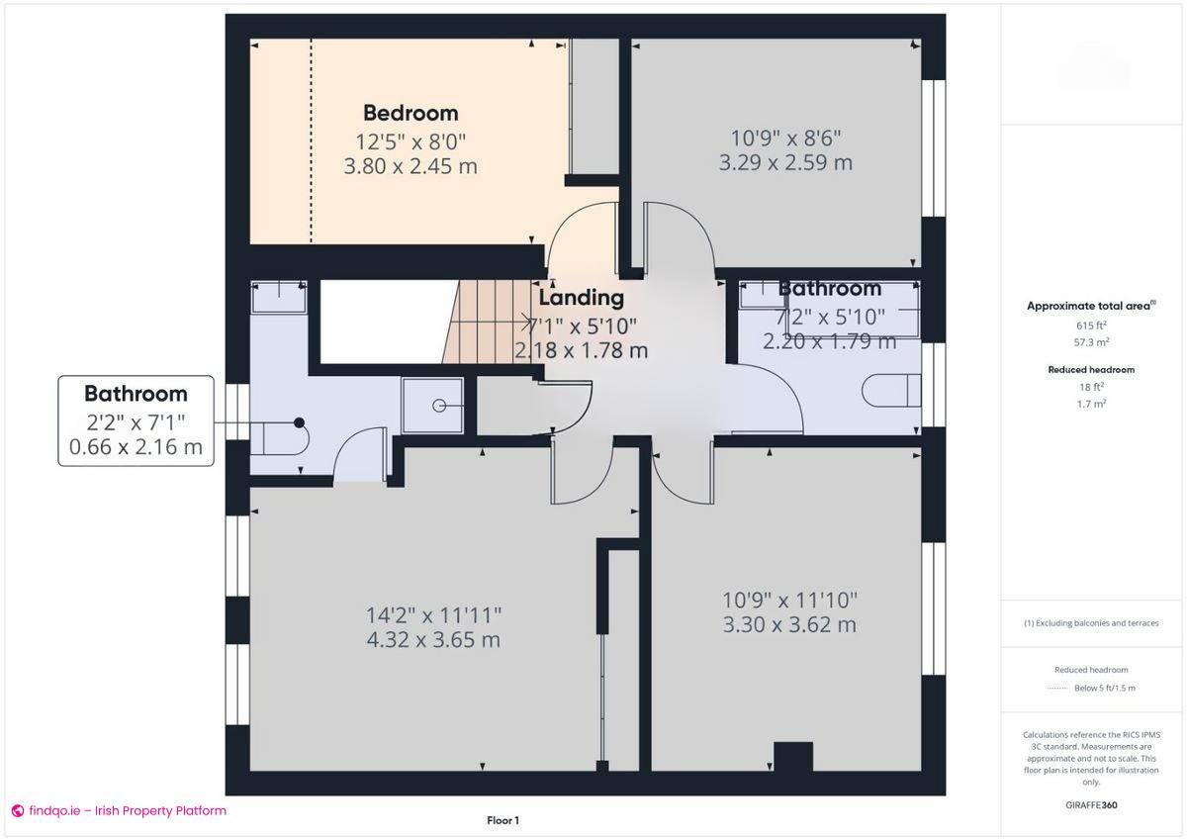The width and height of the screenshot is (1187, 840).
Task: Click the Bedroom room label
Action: click(411, 113)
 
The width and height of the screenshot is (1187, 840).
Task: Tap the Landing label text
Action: click(581, 297)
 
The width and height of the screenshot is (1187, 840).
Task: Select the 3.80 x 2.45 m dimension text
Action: click(411, 166)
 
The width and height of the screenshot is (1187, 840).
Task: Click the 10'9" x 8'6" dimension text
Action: click(785, 138)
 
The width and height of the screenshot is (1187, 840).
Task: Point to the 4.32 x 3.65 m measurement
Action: click(433, 639)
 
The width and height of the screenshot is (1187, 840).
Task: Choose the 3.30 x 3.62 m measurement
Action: click(789, 624)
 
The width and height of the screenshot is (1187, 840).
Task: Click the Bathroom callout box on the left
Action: click(136, 420)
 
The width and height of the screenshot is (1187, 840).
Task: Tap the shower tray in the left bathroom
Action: click(432, 406)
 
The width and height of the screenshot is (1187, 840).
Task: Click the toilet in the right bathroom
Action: click(890, 391)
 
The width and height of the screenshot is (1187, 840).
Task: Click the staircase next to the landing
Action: click(485, 322)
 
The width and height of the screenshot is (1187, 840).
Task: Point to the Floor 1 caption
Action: click(502, 820)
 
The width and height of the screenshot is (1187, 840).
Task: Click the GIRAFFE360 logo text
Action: click(1092, 805)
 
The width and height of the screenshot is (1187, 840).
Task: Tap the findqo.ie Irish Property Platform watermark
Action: click(119, 810)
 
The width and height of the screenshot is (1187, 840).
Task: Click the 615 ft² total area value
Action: click(1091, 325)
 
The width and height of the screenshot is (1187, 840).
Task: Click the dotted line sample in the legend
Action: click(1058, 688)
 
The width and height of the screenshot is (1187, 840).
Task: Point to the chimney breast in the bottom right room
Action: click(792, 757)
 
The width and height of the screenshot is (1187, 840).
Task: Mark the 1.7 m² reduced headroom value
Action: click(1091, 404)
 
